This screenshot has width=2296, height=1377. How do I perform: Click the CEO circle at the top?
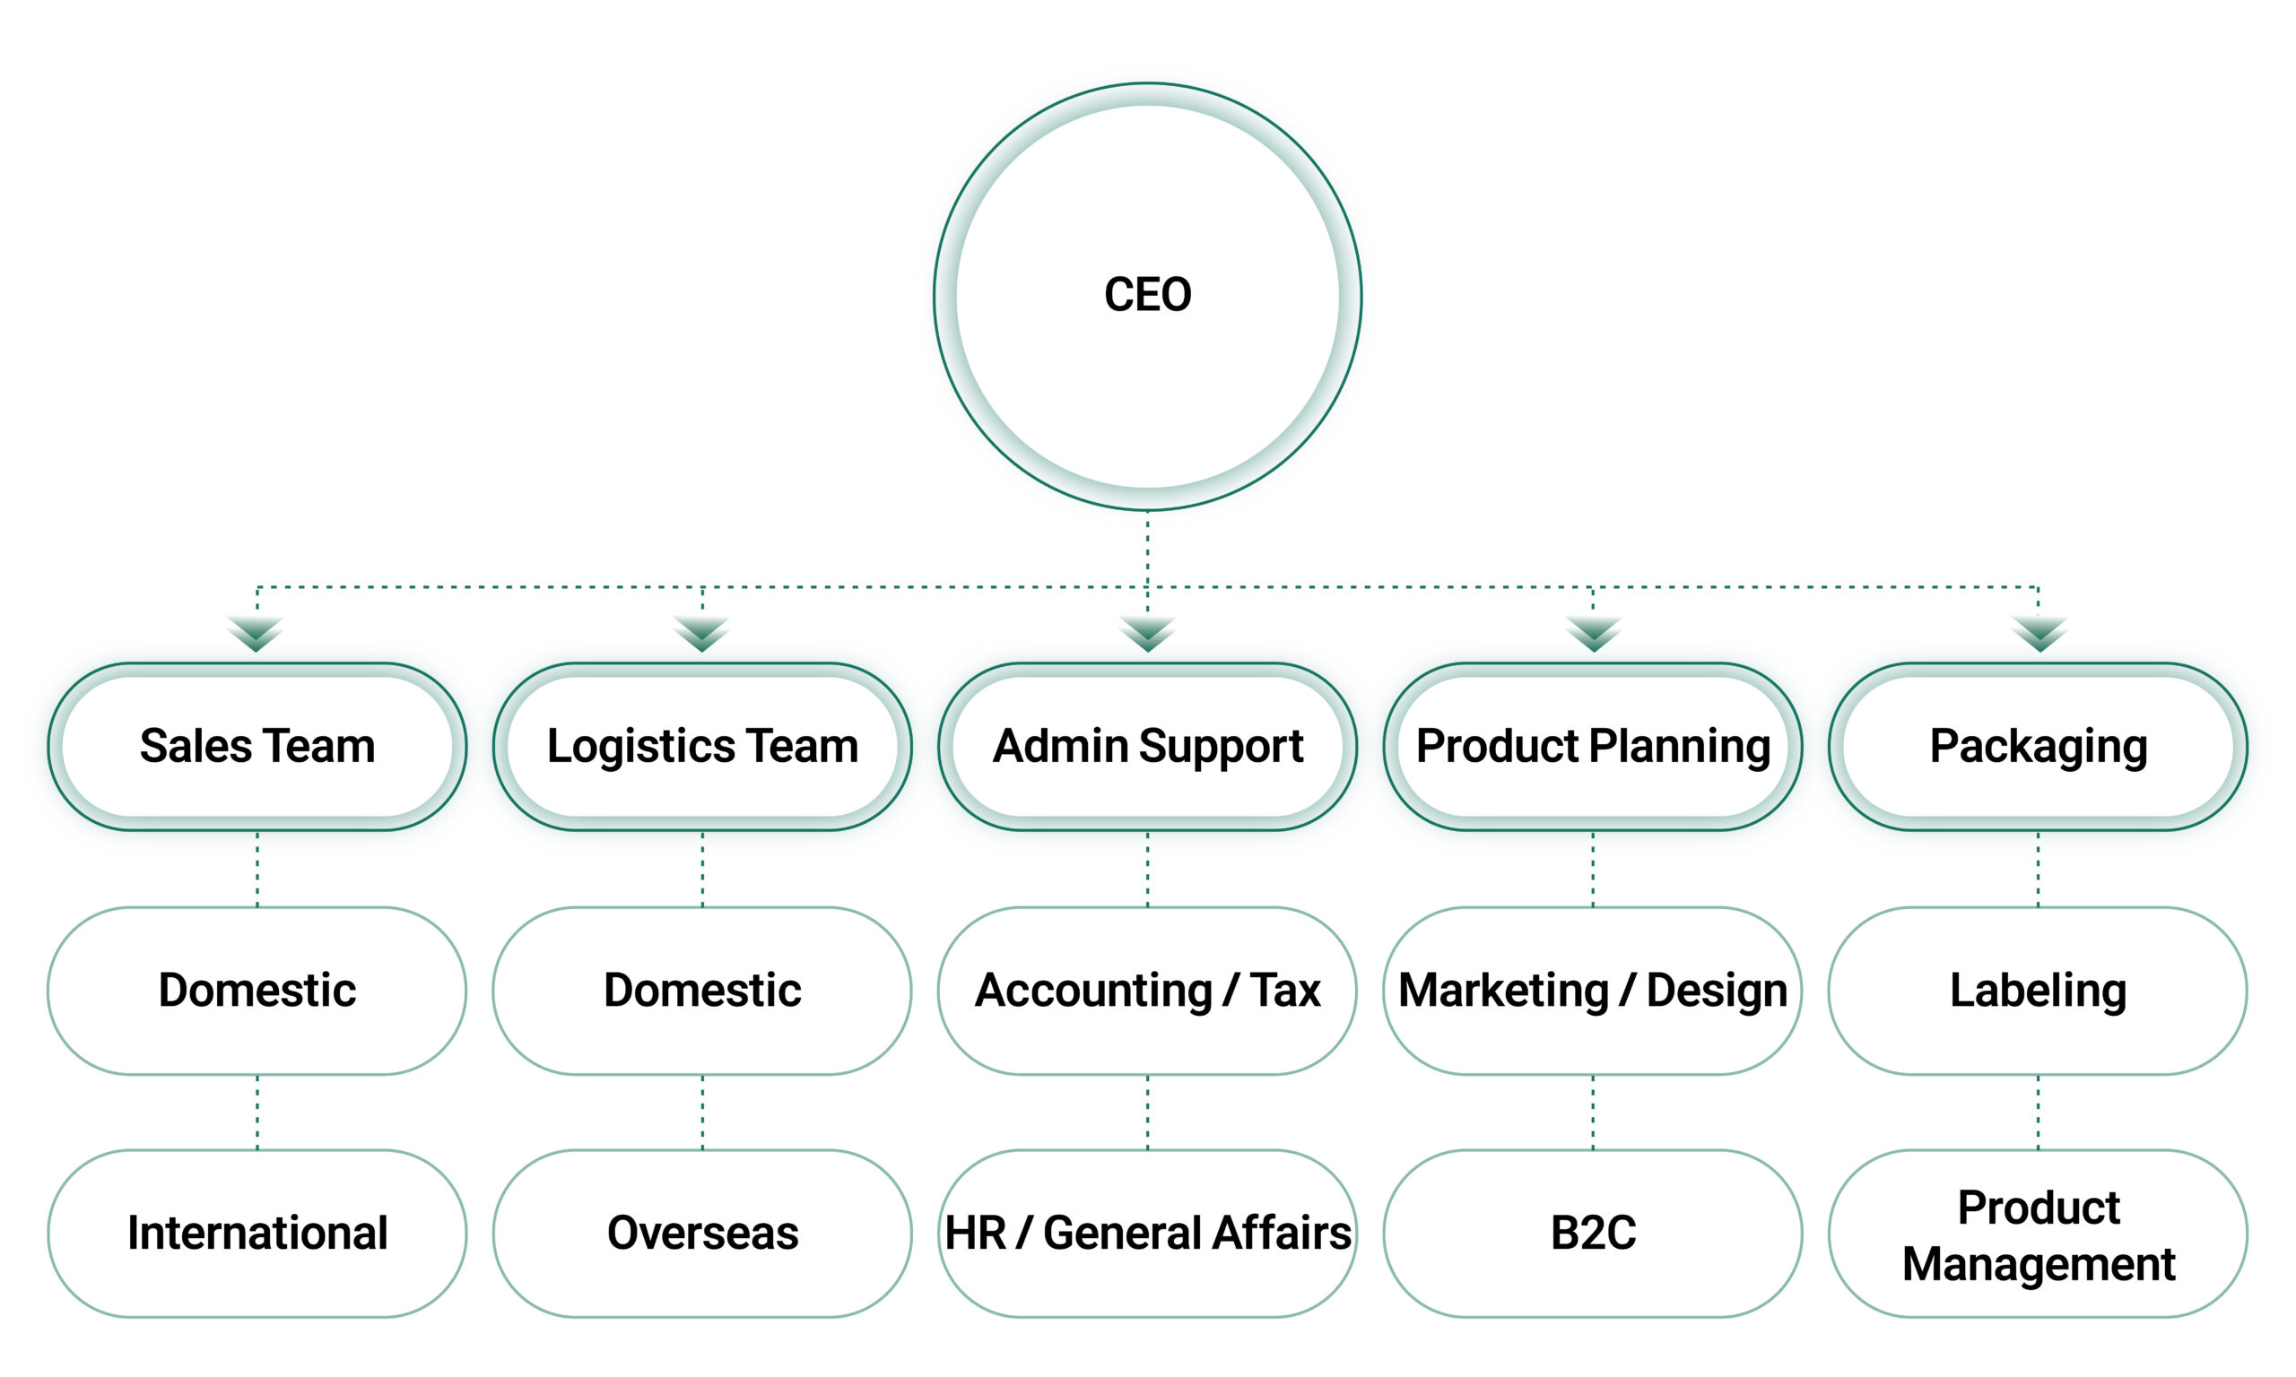pyautogui.click(x=1147, y=295)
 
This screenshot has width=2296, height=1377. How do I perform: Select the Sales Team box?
pyautogui.click(x=257, y=746)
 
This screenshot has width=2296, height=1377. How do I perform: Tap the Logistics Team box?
pyautogui.click(x=702, y=746)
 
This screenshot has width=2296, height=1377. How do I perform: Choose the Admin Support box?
pyautogui.click(x=1147, y=746)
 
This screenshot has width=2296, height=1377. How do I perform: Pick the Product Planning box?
pyautogui.click(x=1593, y=746)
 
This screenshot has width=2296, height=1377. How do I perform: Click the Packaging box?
pyautogui.click(x=2038, y=746)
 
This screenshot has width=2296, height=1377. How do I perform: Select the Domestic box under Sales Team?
pyautogui.click(x=257, y=990)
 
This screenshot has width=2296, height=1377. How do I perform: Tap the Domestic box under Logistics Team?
pyautogui.click(x=702, y=990)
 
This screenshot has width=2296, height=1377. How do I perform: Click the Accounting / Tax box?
pyautogui.click(x=1147, y=990)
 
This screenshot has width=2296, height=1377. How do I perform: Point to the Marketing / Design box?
pyautogui.click(x=1593, y=990)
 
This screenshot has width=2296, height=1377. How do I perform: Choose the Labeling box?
pyautogui.click(x=2038, y=990)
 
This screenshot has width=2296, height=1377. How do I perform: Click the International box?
pyautogui.click(x=257, y=1234)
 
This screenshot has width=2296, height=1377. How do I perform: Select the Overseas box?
pyautogui.click(x=702, y=1234)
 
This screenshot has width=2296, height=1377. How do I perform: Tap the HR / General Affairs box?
pyautogui.click(x=1147, y=1234)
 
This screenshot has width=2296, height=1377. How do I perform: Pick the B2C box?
pyautogui.click(x=1593, y=1234)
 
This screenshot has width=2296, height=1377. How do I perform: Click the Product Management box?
pyautogui.click(x=2038, y=1234)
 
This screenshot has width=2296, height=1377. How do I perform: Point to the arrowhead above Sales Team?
pyautogui.click(x=257, y=634)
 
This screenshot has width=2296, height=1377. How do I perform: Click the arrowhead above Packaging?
pyautogui.click(x=2039, y=634)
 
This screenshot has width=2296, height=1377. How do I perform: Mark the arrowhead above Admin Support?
pyautogui.click(x=1147, y=634)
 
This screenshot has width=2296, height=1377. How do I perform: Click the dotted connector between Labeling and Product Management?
pyautogui.click(x=2038, y=1112)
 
